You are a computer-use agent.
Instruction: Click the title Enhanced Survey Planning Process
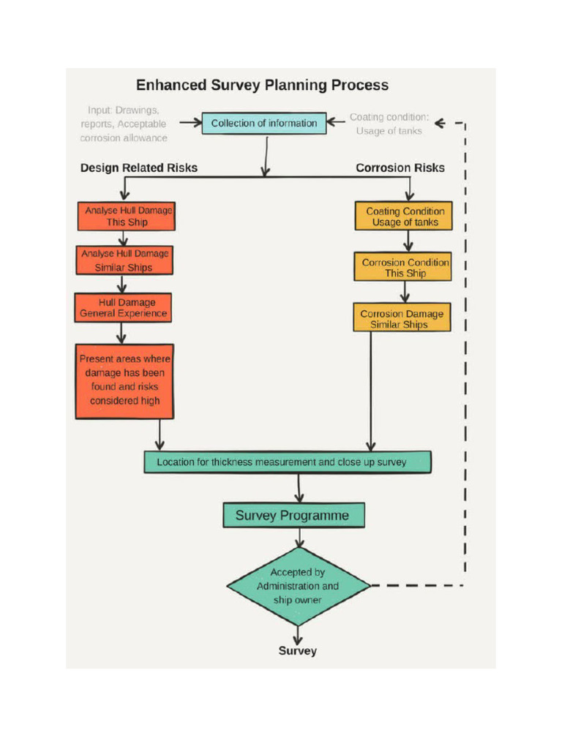point(262,85)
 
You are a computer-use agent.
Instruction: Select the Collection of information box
point(263,124)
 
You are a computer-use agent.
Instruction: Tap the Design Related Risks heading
point(139,168)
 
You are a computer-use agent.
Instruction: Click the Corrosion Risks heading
point(400,168)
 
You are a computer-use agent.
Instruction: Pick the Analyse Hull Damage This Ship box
point(126,216)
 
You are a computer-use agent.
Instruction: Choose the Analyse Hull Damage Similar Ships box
point(124,260)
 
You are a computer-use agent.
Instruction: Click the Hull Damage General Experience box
point(123,308)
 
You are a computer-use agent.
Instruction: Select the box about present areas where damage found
point(124,380)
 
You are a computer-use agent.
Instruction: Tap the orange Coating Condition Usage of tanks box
point(404,217)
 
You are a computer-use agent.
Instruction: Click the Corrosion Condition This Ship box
point(403,267)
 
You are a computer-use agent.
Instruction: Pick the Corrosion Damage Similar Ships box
point(401,318)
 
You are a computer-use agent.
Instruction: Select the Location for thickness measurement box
point(287,462)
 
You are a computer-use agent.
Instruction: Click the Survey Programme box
point(293,516)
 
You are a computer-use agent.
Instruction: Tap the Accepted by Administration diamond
point(298,586)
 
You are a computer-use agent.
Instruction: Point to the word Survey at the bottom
point(297,650)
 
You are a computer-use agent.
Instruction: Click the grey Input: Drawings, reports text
point(124,124)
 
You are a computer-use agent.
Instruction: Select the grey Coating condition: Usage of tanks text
point(389,124)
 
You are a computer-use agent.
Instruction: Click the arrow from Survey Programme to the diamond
point(299,538)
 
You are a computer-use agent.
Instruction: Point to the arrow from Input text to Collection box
point(190,123)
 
